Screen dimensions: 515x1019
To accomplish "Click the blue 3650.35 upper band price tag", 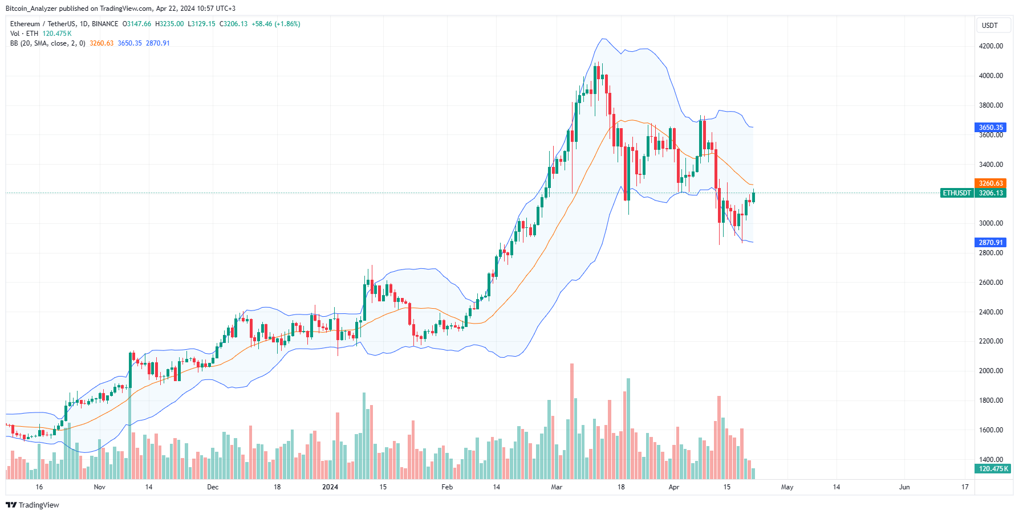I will click(990, 128).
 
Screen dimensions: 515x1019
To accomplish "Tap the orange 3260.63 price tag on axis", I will click(990, 183).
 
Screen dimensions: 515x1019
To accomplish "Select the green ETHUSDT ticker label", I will click(956, 193).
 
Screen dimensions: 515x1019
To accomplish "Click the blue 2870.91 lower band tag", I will click(990, 243).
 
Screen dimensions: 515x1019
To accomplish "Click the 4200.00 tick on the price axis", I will click(990, 46).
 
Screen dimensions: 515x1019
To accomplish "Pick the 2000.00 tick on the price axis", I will click(990, 371).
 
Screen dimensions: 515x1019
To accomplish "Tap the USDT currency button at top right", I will click(989, 26).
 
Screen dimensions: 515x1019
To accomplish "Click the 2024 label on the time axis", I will click(330, 487).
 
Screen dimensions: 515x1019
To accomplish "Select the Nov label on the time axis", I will click(99, 487).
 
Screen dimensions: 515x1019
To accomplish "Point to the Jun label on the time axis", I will click(904, 487).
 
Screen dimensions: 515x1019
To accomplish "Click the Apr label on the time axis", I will click(673, 487).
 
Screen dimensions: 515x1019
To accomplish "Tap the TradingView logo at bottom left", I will click(33, 505).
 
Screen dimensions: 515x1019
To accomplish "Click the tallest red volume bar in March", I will click(572, 422).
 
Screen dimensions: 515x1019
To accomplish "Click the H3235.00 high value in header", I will click(169, 24).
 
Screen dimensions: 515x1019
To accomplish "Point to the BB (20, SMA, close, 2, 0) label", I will click(47, 43).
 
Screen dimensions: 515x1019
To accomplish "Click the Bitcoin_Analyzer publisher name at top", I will click(31, 9).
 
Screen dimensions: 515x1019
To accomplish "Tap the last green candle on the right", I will click(753, 197).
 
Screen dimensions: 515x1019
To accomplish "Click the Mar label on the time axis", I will click(557, 487).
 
